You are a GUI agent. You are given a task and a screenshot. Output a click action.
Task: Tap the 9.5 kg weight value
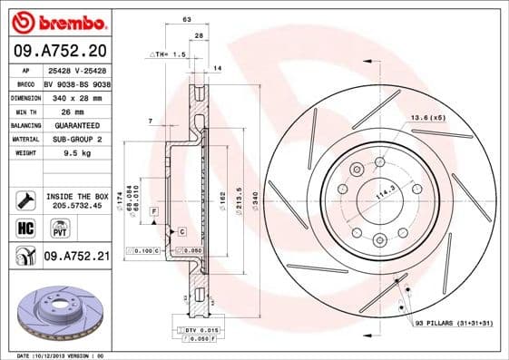click(59, 154)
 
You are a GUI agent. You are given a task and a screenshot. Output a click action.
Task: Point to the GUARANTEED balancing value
click(72, 125)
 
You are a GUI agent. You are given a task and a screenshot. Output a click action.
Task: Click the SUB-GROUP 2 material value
click(71, 140)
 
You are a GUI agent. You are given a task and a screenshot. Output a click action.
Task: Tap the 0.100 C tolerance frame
click(143, 248)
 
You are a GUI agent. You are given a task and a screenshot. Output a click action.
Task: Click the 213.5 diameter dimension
click(238, 197)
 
